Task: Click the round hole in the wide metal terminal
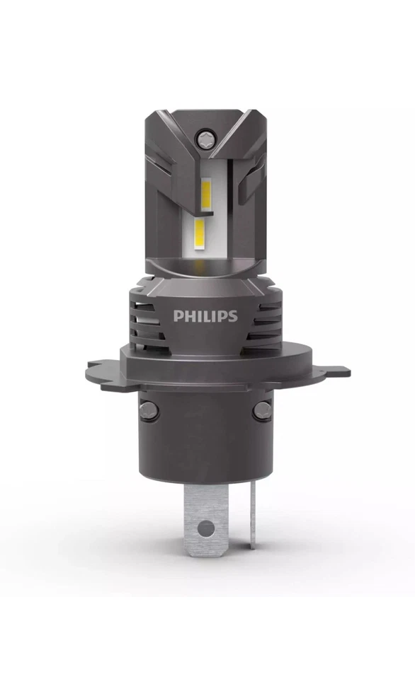205,527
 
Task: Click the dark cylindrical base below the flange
205,439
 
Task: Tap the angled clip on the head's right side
251,180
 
